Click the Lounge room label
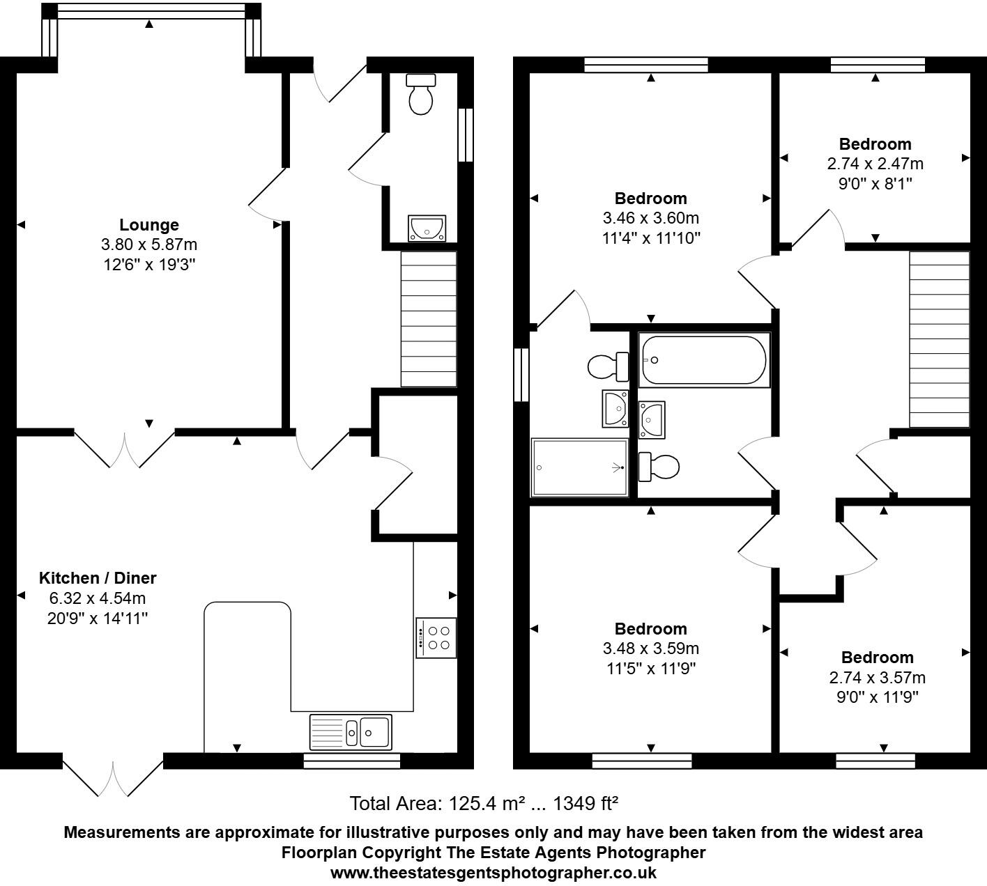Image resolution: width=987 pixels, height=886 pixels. click(x=149, y=225)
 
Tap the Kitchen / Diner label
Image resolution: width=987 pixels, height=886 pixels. click(x=98, y=578)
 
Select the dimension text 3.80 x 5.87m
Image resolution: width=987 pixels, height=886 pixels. click(x=149, y=245)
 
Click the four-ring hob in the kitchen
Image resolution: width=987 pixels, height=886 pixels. click(x=436, y=637)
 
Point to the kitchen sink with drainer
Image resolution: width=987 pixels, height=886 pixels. click(x=351, y=731)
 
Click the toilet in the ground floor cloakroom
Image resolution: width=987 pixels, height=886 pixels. click(x=421, y=95)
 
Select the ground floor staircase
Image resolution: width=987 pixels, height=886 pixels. click(x=428, y=319)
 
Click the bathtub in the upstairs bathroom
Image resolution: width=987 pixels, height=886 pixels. click(x=703, y=360)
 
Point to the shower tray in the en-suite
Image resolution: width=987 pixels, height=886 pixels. click(x=579, y=467)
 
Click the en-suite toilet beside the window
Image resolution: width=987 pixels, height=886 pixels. click(x=607, y=366)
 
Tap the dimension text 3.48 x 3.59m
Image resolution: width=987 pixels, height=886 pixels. click(x=651, y=649)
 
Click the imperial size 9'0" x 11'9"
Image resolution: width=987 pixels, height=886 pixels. click(x=878, y=697)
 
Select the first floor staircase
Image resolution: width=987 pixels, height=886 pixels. click(x=939, y=339)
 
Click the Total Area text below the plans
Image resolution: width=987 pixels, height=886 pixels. click(x=484, y=804)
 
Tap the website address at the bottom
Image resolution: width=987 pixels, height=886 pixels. click(x=493, y=873)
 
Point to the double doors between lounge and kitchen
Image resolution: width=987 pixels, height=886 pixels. click(x=125, y=449)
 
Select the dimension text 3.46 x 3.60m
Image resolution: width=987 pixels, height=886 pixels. click(x=651, y=219)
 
